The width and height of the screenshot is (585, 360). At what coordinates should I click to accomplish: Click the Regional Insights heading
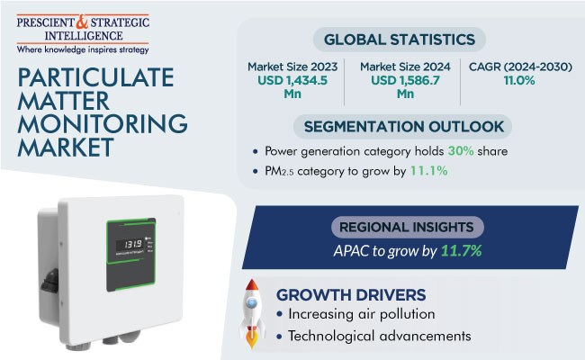pyautogui.click(x=409, y=228)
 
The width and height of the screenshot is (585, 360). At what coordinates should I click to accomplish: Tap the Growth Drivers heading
pyautogui.click(x=351, y=294)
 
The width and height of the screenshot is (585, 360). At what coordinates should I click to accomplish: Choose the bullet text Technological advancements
pyautogui.click(x=379, y=336)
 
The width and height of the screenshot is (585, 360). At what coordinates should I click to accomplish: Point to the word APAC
pyautogui.click(x=347, y=250)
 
